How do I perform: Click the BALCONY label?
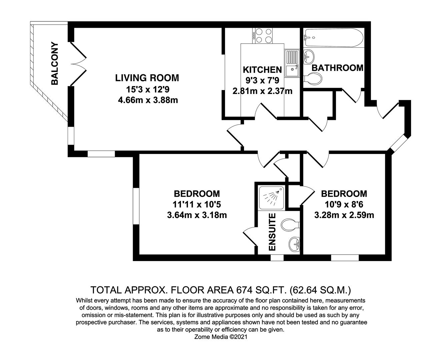(x=54, y=63)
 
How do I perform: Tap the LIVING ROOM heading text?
(x=147, y=78)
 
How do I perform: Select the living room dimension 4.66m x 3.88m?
(x=148, y=100)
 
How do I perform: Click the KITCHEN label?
(x=262, y=70)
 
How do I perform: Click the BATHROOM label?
(x=337, y=68)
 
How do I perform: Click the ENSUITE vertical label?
(x=272, y=232)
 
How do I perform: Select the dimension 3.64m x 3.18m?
(x=197, y=215)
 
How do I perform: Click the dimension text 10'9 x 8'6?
(x=344, y=204)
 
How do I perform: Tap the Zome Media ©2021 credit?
(x=220, y=337)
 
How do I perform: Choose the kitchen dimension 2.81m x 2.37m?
(x=262, y=91)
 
